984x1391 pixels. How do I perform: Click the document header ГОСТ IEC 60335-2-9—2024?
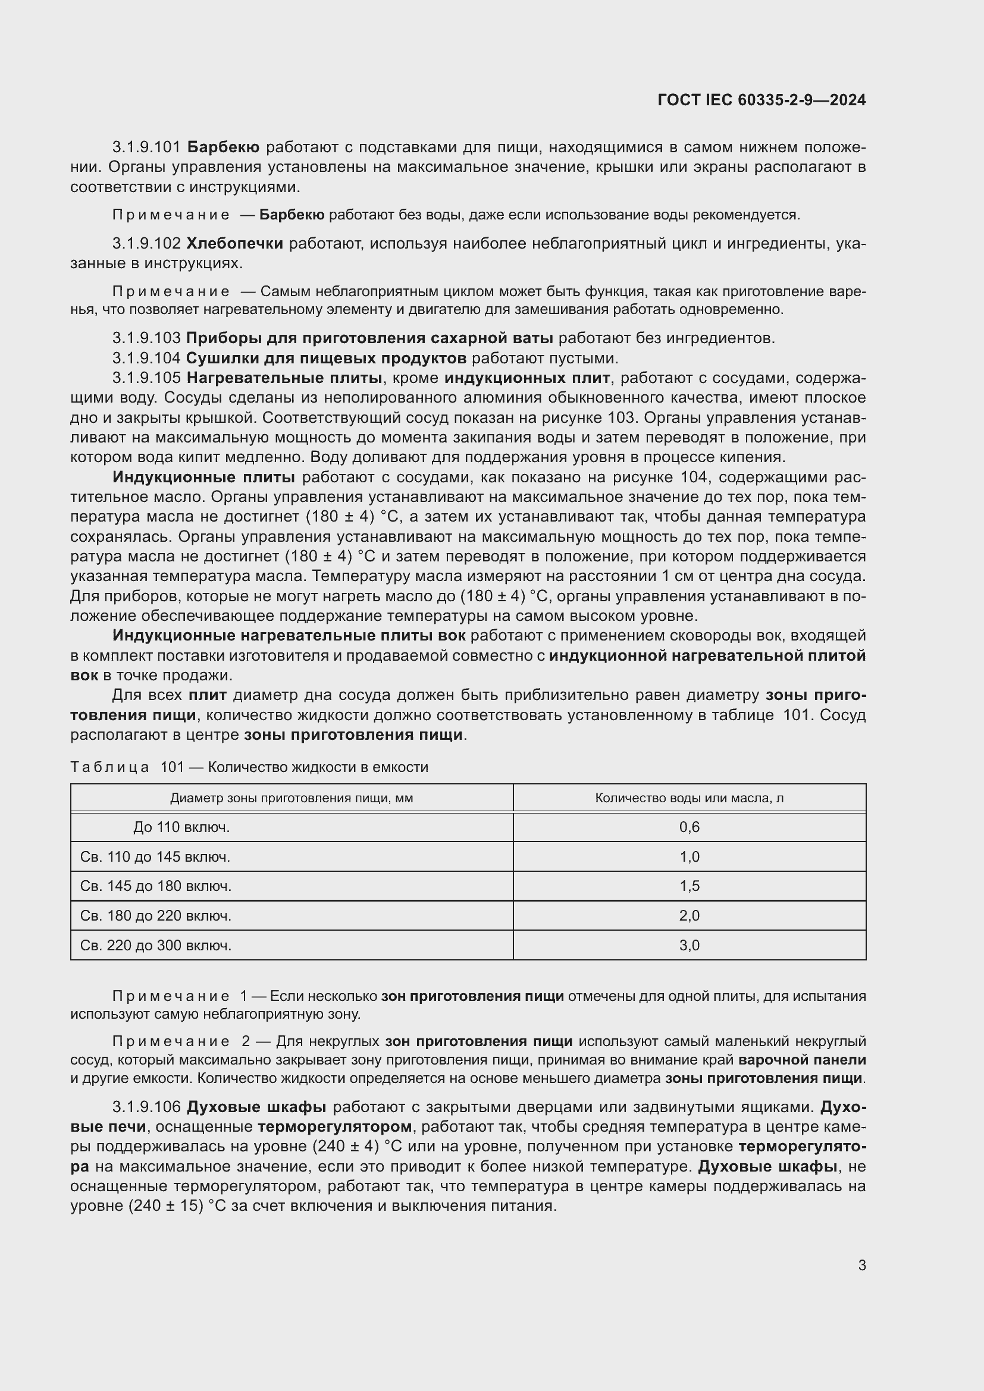(x=761, y=100)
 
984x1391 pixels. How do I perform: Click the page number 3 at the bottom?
(x=861, y=1265)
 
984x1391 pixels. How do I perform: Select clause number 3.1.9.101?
(x=146, y=147)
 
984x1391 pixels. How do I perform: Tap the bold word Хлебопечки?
(x=234, y=244)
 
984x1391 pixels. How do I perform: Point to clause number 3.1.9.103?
(x=146, y=338)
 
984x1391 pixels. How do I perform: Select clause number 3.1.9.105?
(x=146, y=378)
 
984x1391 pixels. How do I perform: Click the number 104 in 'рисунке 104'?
(x=694, y=478)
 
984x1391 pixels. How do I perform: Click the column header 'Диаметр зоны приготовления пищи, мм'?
(x=292, y=798)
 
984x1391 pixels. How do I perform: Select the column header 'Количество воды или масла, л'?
(x=689, y=798)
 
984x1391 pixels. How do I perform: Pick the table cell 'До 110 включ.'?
(x=182, y=827)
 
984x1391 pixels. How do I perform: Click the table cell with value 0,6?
(x=689, y=827)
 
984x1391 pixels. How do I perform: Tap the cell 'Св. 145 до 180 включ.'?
(x=156, y=886)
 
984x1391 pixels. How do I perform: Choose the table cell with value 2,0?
(x=689, y=915)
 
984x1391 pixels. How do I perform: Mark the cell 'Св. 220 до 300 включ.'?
(x=156, y=945)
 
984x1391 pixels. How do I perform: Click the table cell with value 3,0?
(x=689, y=945)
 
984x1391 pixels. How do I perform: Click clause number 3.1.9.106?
(x=146, y=1107)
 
